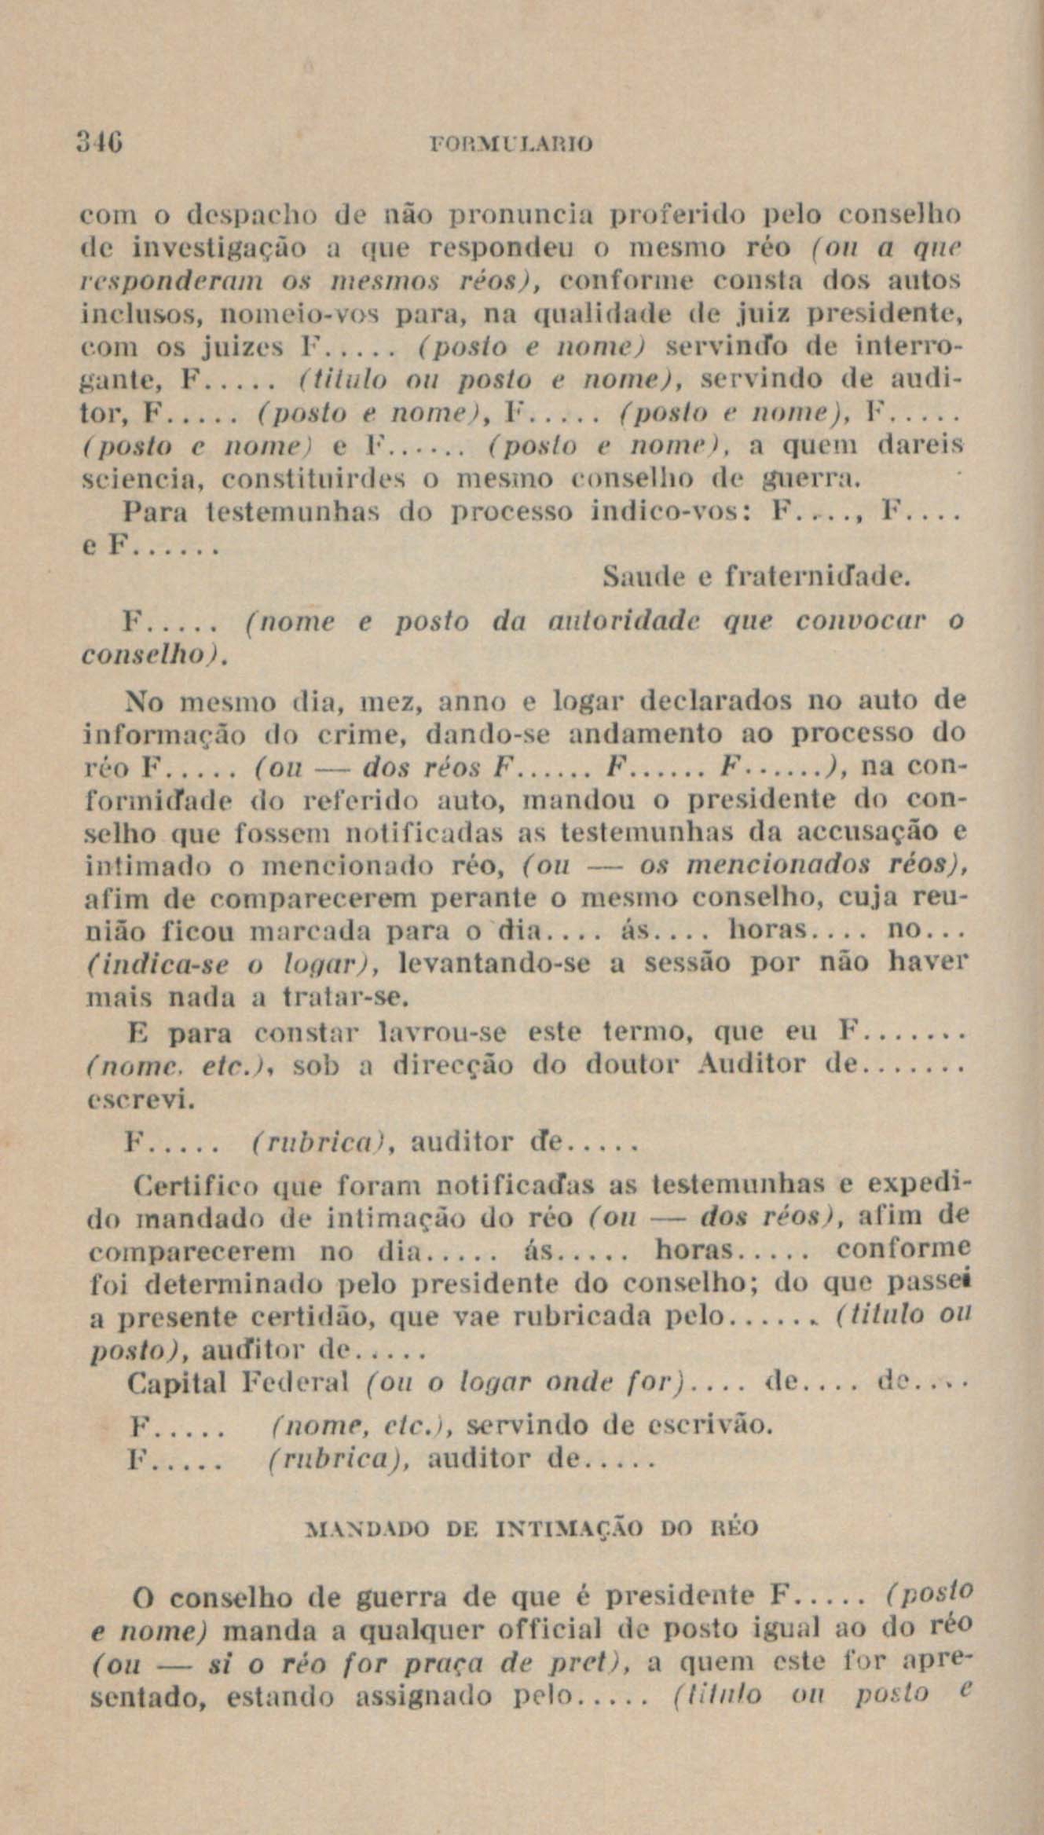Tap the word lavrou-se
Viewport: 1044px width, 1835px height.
tap(443, 1031)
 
